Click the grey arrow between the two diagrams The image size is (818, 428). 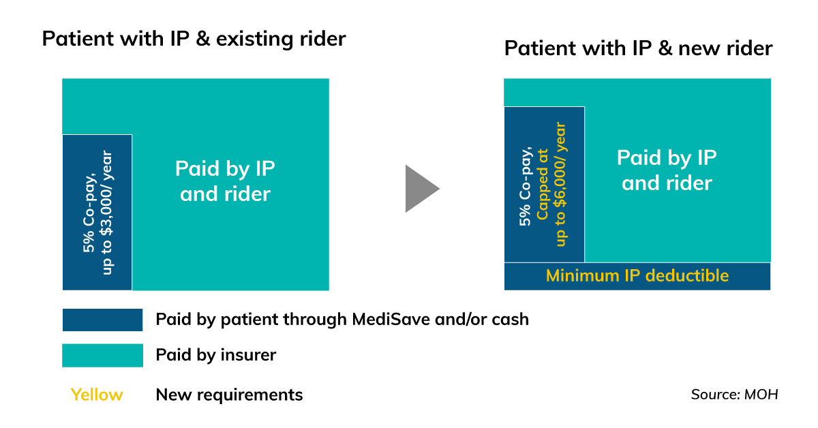421,188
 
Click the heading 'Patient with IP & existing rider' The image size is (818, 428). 194,39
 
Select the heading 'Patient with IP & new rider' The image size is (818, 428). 638,49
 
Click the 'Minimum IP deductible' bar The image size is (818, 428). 637,276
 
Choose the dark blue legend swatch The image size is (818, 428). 102,320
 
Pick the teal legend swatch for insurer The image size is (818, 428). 102,355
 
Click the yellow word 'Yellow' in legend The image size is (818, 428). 97,395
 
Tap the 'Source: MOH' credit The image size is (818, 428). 734,395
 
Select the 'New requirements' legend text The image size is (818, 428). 229,395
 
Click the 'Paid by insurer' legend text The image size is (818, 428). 215,355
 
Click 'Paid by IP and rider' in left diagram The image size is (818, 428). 225,181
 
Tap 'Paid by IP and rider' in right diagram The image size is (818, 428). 667,170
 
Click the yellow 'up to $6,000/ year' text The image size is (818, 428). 560,184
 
